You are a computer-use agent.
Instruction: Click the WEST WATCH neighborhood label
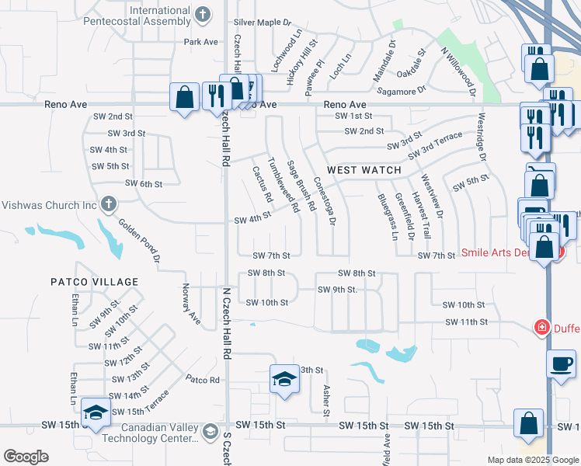pos(364,170)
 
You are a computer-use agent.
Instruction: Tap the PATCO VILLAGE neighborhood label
pos(95,282)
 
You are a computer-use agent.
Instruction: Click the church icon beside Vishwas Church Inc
pos(108,205)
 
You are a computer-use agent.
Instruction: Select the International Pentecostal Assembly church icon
pos(203,14)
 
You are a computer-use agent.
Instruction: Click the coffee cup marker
pos(561,363)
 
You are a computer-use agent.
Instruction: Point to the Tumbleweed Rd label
pos(283,186)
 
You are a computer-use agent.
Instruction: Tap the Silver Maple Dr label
pos(262,23)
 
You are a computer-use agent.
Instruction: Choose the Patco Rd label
pos(204,380)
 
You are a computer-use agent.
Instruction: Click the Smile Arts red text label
pos(498,252)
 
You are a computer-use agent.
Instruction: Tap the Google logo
pos(26,457)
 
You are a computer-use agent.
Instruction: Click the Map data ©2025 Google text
pos(532,460)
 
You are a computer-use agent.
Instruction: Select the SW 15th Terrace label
pos(141,411)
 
